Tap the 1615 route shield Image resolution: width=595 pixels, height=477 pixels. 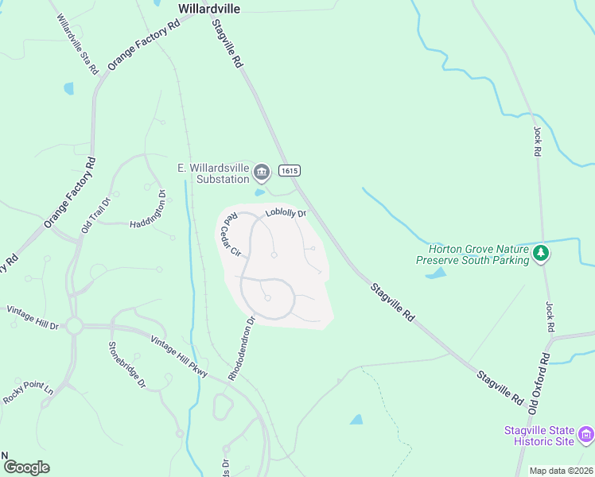point(289,171)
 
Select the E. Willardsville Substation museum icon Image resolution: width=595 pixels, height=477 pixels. point(262,172)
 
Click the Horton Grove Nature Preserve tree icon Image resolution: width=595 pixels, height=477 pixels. point(541,253)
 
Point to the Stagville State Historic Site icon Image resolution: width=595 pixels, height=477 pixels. point(586,434)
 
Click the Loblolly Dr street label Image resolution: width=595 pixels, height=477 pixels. point(286,212)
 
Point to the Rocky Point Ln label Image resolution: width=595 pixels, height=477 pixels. point(27,391)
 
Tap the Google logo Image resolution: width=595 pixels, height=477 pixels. point(26,467)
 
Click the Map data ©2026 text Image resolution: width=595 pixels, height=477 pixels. point(561,471)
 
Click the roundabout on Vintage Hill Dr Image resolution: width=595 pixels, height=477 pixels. point(75,325)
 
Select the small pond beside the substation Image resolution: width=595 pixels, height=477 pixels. point(259,192)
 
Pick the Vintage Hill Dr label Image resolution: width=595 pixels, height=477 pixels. point(33,317)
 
